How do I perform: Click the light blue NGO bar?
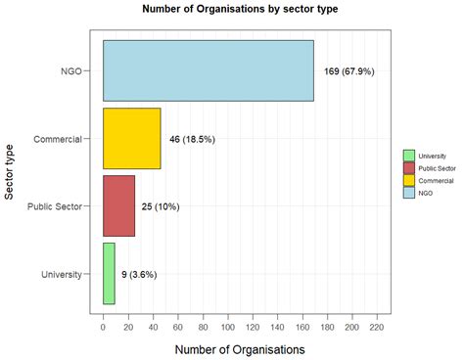point(208,70)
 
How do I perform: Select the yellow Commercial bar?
point(131,138)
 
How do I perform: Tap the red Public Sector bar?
point(118,206)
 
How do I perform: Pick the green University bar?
point(109,274)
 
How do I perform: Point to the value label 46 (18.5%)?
point(192,139)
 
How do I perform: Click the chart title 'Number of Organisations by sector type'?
point(232,10)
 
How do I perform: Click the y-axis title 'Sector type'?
point(11,171)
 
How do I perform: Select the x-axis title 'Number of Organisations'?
point(239,348)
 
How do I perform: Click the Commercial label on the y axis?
point(58,139)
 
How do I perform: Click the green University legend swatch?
point(408,156)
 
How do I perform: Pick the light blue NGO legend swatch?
point(408,194)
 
